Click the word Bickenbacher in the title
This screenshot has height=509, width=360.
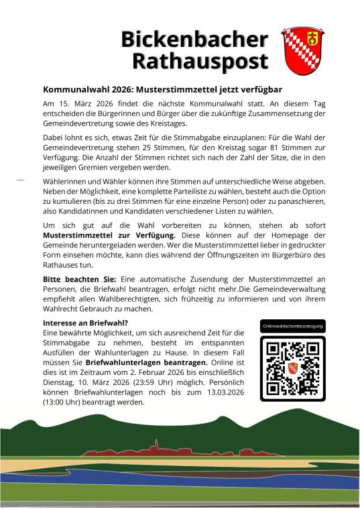click(x=194, y=39)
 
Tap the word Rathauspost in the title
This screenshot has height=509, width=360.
click(x=200, y=61)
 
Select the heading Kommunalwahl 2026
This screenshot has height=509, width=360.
click(x=88, y=89)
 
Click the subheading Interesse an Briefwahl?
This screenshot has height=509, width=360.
click(x=86, y=323)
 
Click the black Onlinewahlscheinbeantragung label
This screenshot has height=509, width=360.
click(x=293, y=326)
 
